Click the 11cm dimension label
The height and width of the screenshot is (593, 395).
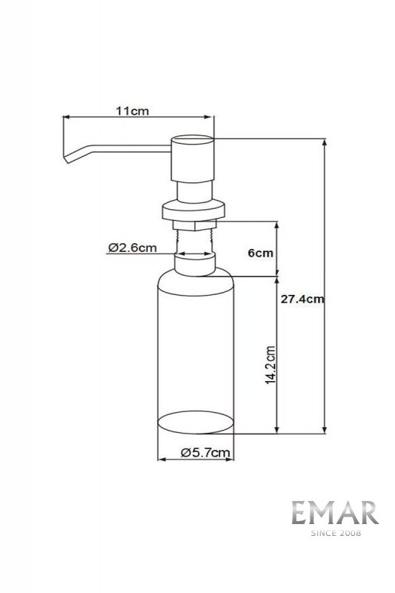pos(133,111)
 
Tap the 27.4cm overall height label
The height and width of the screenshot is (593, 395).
pos(302,299)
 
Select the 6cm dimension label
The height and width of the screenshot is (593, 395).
pos(260,253)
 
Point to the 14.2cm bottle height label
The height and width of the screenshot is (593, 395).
pos(270,365)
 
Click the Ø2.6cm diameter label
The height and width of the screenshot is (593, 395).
pos(133,248)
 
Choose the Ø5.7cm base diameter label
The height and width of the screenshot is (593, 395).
pos(205,453)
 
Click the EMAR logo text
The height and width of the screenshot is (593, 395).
pos(335,513)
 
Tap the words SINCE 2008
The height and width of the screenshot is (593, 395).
pos(336,533)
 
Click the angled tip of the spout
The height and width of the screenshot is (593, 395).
pos(67,159)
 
